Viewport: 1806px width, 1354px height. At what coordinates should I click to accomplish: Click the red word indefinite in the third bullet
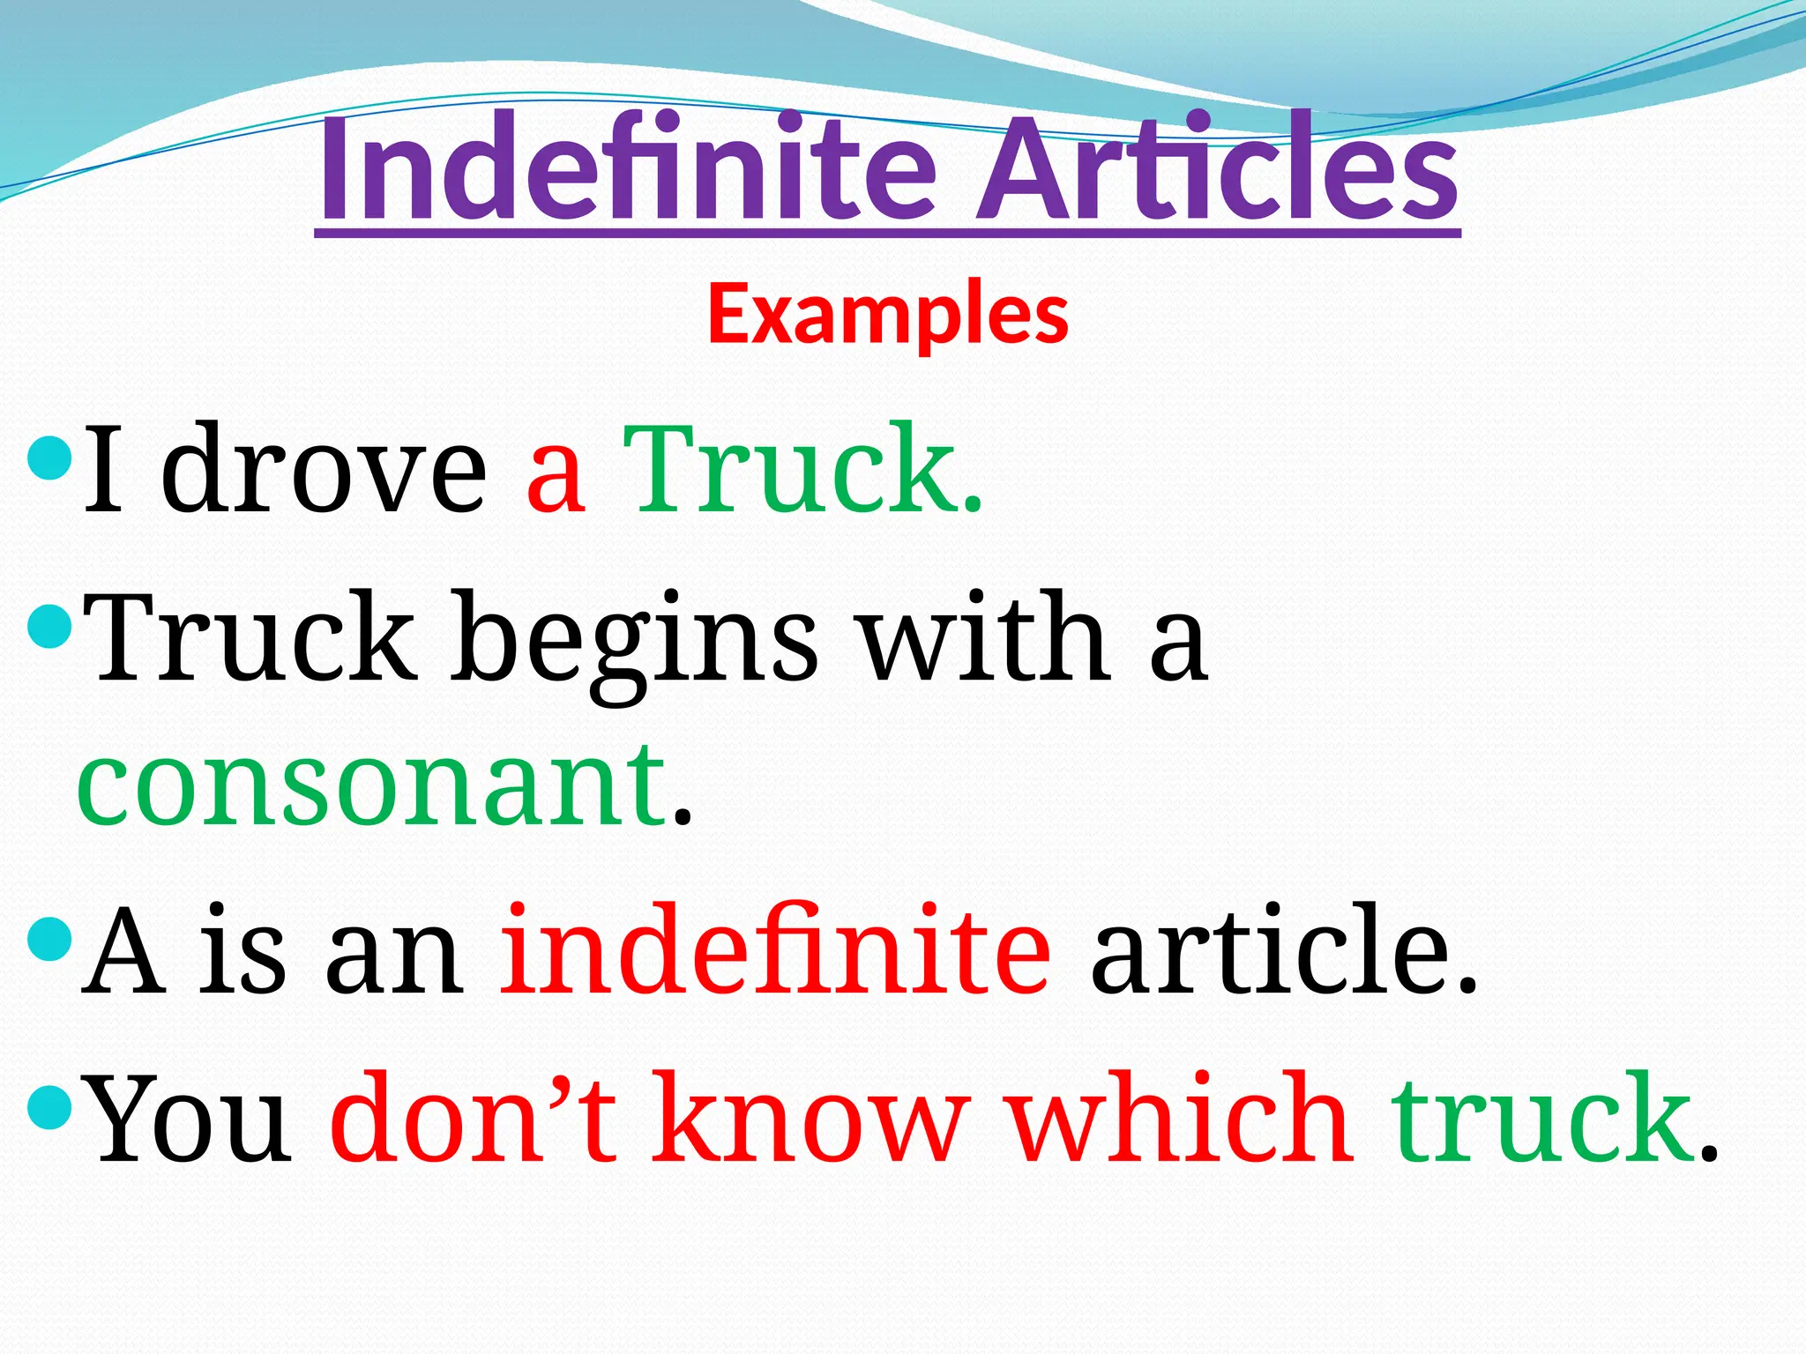coord(776,949)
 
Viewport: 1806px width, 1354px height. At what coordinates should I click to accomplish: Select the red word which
coord(1183,1117)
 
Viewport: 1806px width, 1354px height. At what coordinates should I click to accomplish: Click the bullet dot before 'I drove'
coord(49,458)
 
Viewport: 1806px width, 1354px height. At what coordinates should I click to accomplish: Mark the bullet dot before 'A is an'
coord(49,939)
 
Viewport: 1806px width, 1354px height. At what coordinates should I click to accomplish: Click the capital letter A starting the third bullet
coord(123,949)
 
